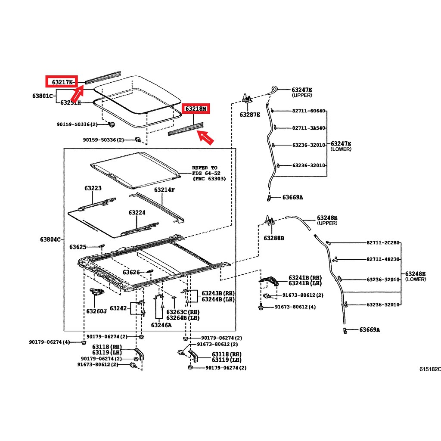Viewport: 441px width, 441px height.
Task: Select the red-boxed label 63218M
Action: coord(196,109)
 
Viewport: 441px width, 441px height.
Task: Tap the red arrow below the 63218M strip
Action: coord(205,137)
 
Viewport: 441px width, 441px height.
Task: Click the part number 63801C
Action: coord(43,96)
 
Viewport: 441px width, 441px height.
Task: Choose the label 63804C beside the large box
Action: coord(50,239)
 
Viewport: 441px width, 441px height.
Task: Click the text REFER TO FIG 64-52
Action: coord(206,171)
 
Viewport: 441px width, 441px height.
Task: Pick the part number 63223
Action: coord(93,188)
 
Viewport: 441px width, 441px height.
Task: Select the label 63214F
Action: coord(164,190)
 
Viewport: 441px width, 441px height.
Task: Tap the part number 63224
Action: coord(137,213)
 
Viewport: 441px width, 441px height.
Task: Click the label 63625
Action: coord(78,247)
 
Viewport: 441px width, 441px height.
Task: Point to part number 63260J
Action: coord(96,311)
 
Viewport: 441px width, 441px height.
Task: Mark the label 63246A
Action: coord(161,325)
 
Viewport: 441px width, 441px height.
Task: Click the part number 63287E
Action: coord(250,115)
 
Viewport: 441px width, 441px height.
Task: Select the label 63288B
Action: coord(273,238)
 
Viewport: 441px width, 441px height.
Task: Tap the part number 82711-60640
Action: coord(308,111)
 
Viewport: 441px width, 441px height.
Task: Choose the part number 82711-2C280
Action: coord(383,243)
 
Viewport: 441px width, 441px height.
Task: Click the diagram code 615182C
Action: coord(430,369)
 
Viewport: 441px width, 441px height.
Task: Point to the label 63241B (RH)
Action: coord(305,278)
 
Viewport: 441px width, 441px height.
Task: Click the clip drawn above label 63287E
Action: coord(247,98)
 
